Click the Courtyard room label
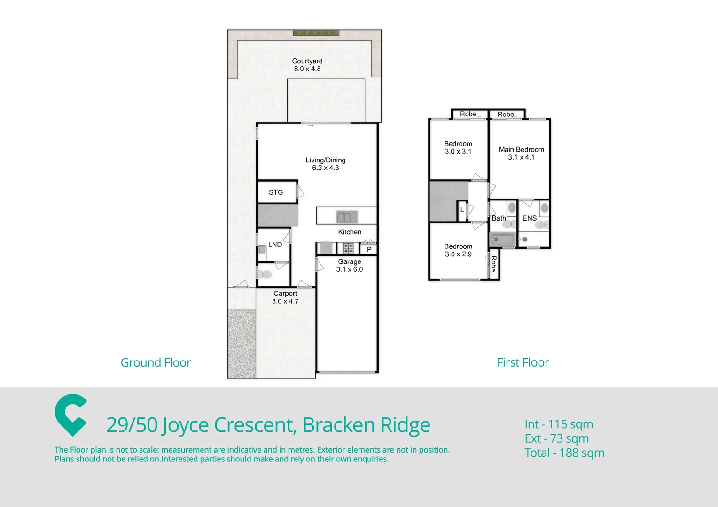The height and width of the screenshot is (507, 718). click(307, 61)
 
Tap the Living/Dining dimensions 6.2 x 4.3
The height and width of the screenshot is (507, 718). click(325, 168)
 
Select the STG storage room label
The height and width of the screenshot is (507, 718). click(276, 192)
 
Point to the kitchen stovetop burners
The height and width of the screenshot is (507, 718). click(348, 248)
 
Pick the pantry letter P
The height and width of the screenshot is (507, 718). click(369, 249)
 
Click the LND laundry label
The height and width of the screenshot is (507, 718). click(275, 245)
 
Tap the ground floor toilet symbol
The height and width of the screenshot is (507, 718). click(265, 275)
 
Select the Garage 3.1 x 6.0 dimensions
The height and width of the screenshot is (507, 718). click(350, 269)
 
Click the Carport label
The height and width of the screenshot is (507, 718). click(285, 293)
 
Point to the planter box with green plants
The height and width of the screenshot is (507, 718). click(316, 33)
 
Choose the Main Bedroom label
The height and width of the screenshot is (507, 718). click(521, 150)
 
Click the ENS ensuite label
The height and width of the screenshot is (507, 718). click(529, 218)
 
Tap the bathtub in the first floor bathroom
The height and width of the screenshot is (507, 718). click(502, 239)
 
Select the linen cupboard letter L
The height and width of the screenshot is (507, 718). click(462, 210)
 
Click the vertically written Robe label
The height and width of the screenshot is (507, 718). click(493, 264)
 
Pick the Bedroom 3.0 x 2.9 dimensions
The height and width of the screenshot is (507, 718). click(458, 254)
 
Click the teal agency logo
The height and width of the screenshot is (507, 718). click(71, 415)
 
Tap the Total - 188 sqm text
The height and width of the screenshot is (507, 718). click(564, 453)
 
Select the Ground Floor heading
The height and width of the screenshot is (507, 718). click(156, 362)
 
